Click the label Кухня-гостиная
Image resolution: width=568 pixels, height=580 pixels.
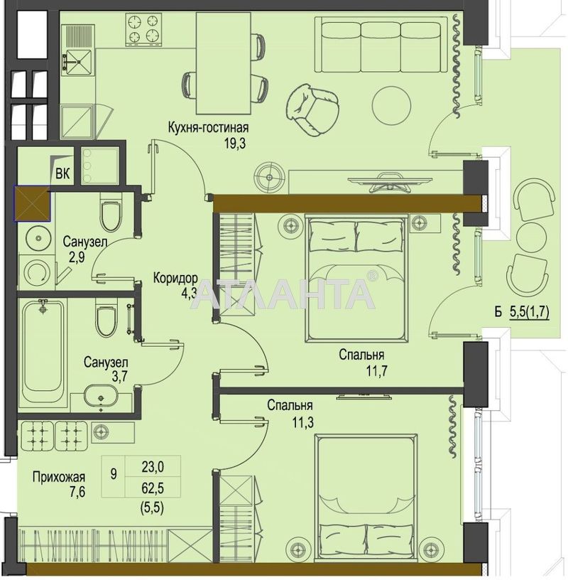[x=209, y=128]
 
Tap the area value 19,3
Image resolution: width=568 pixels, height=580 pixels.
[x=235, y=143]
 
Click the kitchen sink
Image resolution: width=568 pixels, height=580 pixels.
[x=77, y=61]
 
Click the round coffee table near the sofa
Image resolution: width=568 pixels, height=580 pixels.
[x=391, y=105]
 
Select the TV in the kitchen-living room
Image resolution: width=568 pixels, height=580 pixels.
[x=390, y=183]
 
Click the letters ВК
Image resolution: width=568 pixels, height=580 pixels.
[x=62, y=173]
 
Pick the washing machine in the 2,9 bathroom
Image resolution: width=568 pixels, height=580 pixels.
[x=36, y=272]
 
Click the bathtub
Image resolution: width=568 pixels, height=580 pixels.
[x=43, y=353]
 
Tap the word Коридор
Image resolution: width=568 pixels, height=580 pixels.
[x=175, y=278]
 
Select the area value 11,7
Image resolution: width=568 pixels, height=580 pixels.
[x=376, y=370]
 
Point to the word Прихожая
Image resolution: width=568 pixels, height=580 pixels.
[x=59, y=477]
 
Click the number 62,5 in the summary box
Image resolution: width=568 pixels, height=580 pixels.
[x=153, y=488]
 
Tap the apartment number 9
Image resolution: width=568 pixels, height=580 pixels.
[x=114, y=474]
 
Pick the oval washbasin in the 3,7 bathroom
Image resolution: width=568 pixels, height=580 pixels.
[x=101, y=396]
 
